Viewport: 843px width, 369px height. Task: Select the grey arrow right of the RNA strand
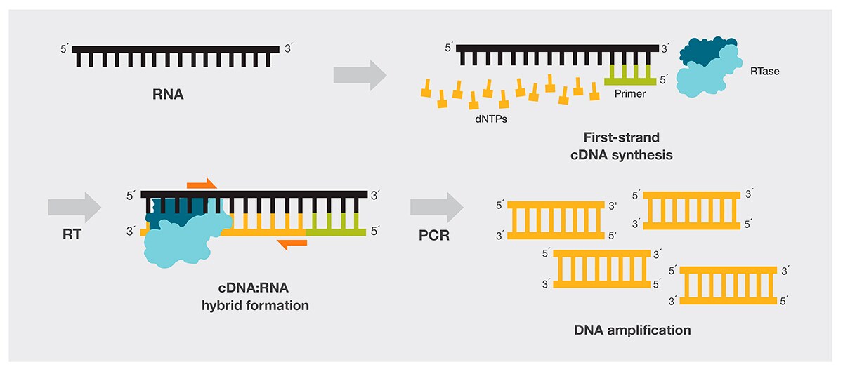[360, 74]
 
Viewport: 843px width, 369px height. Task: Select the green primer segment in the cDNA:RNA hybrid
[334, 230]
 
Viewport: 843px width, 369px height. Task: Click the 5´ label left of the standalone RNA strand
[65, 51]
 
